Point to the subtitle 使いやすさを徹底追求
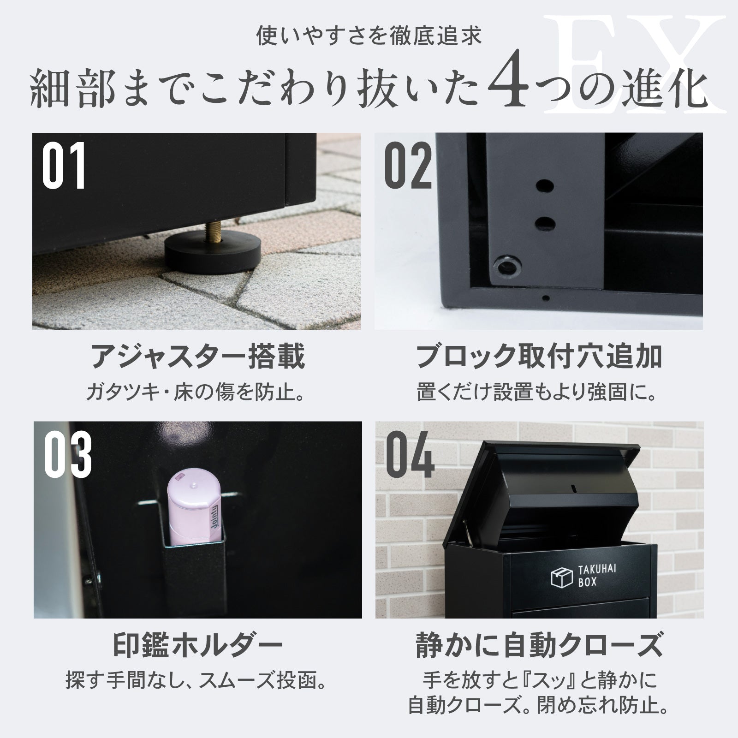(x=369, y=36)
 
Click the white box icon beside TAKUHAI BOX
(x=562, y=578)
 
